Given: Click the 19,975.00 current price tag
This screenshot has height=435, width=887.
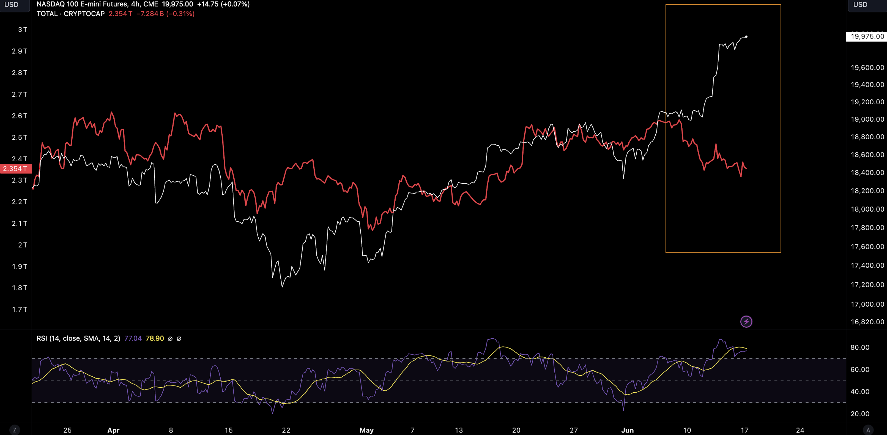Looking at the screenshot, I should (867, 37).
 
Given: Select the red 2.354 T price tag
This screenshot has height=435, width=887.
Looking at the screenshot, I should (15, 168).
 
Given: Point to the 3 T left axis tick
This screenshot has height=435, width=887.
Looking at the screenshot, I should (22, 30).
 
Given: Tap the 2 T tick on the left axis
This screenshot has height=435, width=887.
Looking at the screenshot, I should (22, 245).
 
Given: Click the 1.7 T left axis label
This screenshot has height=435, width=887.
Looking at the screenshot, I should (19, 309).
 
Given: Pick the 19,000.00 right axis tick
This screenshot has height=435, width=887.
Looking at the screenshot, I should (867, 119).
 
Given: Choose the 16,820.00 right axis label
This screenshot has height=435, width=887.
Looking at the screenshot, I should (867, 322).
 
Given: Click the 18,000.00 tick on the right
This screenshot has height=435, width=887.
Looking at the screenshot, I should (867, 209).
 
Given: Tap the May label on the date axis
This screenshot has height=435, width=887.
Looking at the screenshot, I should (366, 430).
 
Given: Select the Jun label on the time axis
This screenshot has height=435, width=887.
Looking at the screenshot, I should (627, 430).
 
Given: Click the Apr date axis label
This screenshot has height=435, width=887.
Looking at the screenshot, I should (113, 430).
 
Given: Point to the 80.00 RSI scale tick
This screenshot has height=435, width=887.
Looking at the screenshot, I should (859, 347).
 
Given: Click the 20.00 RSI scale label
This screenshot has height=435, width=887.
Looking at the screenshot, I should (859, 414).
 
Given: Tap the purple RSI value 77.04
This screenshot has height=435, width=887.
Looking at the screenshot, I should (133, 338).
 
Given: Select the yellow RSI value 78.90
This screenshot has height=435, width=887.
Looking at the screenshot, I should (155, 338).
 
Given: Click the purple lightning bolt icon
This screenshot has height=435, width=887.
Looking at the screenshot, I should (746, 322).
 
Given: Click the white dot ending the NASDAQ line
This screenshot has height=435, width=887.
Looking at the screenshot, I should (746, 37).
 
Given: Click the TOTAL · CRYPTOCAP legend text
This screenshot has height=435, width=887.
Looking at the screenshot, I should (71, 14).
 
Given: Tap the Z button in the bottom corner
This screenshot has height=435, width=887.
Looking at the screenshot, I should (15, 430).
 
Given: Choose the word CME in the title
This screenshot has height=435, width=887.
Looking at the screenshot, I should (151, 4).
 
